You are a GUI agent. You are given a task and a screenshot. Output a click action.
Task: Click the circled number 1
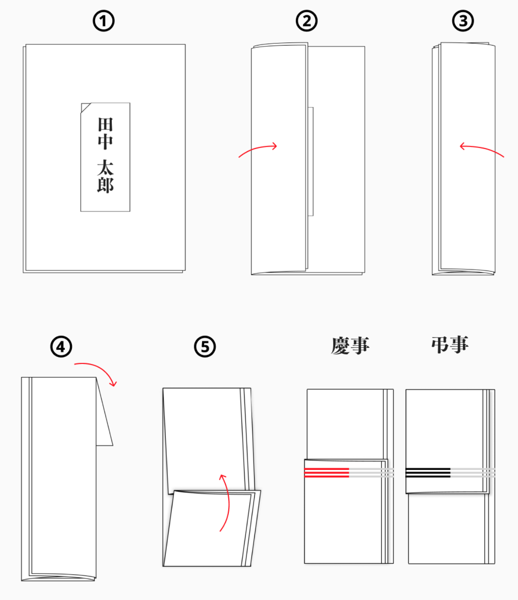pyautogui.click(x=103, y=21)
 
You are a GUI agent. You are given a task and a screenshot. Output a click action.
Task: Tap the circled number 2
pyautogui.click(x=306, y=21)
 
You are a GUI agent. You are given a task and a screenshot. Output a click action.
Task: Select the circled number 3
pyautogui.click(x=463, y=21)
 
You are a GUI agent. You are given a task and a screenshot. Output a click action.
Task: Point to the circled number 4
pyautogui.click(x=61, y=347)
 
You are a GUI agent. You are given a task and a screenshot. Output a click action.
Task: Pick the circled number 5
pyautogui.click(x=205, y=347)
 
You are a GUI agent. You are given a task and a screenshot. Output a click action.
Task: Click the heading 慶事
pyautogui.click(x=350, y=346)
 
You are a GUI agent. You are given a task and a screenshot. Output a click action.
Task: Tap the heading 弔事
pyautogui.click(x=450, y=345)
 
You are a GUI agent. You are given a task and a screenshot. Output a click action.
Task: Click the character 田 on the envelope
pyautogui.click(x=105, y=125)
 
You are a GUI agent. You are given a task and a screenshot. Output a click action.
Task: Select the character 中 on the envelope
pyautogui.click(x=105, y=141)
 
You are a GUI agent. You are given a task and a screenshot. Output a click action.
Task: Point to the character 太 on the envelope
pyautogui.click(x=105, y=168)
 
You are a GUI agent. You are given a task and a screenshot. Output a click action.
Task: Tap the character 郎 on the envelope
pyautogui.click(x=105, y=185)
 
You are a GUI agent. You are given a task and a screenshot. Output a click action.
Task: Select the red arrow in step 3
pyautogui.click(x=481, y=149)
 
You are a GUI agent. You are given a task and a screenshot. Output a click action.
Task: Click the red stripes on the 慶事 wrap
pyautogui.click(x=326, y=473)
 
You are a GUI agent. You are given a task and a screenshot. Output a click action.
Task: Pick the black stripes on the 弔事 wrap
pyautogui.click(x=428, y=473)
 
